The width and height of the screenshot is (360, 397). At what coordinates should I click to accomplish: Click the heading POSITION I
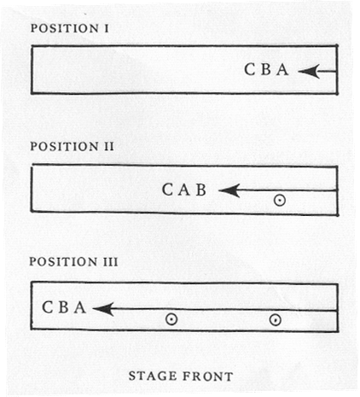tap(69, 28)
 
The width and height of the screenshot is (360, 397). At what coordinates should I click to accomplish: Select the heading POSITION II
tap(72, 146)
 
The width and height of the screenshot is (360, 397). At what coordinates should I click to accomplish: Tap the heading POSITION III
tap(73, 261)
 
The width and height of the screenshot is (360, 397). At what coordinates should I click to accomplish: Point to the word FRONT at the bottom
tap(208, 377)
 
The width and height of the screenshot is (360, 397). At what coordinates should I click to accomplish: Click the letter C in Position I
tap(250, 69)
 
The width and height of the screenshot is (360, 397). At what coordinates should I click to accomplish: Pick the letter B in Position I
tap(266, 69)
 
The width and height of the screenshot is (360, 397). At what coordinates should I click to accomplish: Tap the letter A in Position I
tap(282, 69)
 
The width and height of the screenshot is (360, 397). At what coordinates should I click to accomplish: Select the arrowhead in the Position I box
tap(309, 71)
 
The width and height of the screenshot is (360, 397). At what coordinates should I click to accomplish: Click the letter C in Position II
tap(167, 190)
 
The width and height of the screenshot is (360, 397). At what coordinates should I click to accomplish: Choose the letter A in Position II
tap(184, 190)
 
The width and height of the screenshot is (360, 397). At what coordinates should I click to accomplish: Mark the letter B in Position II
tap(201, 190)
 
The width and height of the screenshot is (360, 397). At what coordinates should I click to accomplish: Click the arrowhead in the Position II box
tap(229, 190)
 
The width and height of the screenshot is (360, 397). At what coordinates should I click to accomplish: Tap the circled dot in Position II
tap(280, 201)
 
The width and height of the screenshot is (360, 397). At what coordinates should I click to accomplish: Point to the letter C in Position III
tap(48, 307)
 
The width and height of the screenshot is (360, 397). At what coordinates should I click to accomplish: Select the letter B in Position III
tap(64, 307)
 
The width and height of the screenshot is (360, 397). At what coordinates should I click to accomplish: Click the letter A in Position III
tap(80, 307)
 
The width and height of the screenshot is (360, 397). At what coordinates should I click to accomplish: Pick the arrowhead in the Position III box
tap(104, 309)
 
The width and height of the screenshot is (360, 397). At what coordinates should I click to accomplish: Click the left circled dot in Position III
tap(171, 319)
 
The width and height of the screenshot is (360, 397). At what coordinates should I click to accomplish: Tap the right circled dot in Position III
tap(276, 320)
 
